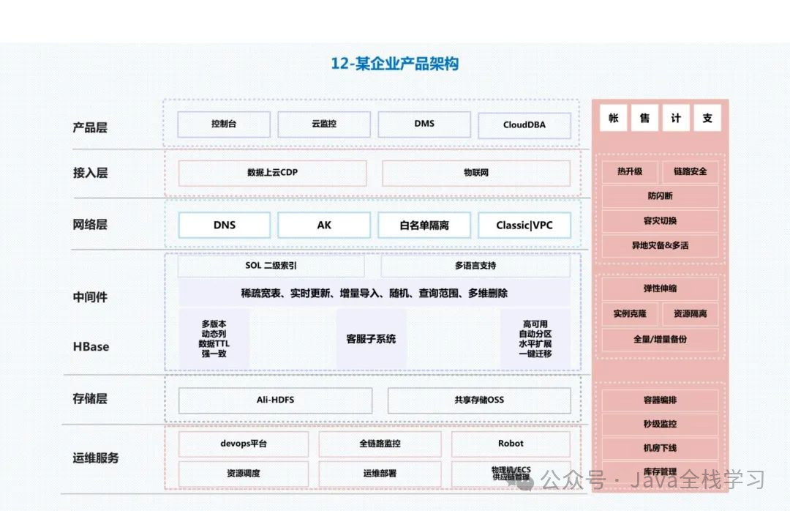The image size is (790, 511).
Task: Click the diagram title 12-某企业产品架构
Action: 394,64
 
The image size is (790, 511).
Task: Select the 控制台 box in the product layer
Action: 224,124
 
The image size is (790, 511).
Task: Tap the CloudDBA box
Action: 524,125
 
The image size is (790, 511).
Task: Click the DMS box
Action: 424,124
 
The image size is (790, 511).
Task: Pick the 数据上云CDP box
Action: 272,174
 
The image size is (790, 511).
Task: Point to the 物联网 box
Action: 476,174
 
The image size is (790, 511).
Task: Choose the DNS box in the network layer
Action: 224,225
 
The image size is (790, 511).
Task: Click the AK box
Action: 324,225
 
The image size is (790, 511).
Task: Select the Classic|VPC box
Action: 524,225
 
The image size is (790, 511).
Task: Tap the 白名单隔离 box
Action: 424,225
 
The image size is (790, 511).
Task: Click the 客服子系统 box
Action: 371,339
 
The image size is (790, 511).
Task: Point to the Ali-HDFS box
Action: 275,400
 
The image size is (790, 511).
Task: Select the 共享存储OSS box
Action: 479,400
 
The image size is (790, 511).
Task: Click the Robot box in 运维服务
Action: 511,444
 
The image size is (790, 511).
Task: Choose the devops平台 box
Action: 244,444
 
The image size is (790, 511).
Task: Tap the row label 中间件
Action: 90,297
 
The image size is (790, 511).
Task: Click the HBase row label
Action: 91,346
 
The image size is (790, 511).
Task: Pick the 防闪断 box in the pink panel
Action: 660,196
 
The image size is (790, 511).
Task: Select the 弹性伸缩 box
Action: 660,288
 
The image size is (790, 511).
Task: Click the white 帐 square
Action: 613,118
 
